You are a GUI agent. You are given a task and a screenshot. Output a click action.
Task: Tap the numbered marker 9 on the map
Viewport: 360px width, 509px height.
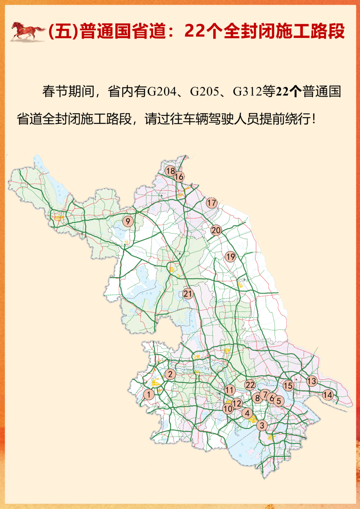(x=128, y=221)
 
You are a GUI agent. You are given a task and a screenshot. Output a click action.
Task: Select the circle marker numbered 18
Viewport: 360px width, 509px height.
(x=170, y=171)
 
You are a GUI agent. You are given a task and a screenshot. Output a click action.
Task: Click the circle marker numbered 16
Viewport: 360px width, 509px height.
(x=179, y=177)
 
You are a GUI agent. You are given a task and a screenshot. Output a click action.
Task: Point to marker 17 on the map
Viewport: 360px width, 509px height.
(x=212, y=203)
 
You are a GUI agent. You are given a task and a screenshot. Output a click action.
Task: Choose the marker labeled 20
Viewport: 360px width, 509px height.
(x=216, y=230)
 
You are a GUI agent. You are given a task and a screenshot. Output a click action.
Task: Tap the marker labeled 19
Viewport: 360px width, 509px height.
(x=230, y=257)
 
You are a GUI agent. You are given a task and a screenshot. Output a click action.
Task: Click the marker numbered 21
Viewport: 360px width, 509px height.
(x=188, y=293)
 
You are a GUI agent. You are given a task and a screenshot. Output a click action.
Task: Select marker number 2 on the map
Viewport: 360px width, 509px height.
(x=170, y=374)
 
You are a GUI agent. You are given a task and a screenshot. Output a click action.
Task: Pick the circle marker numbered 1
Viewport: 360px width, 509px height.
(x=149, y=394)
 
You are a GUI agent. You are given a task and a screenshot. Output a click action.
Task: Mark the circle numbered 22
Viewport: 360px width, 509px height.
(x=250, y=385)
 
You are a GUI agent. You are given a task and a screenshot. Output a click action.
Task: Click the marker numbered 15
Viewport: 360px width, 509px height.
(x=288, y=386)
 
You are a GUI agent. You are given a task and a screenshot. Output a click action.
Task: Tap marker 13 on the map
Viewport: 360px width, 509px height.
(x=312, y=381)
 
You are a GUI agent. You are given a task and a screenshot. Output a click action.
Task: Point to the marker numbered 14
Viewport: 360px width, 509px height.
(x=328, y=395)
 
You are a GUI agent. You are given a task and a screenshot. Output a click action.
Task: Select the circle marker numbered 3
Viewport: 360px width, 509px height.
(x=262, y=425)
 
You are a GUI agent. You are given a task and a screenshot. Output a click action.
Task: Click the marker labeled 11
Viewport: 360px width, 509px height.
(x=230, y=390)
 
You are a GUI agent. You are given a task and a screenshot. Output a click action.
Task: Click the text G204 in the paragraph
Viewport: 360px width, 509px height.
(x=162, y=91)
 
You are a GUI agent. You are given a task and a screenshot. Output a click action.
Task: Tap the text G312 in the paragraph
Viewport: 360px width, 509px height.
(x=247, y=91)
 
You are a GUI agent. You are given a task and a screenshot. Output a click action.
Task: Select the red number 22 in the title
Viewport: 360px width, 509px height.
(x=194, y=31)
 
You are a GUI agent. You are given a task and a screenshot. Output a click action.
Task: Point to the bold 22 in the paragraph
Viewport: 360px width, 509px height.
(x=282, y=91)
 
